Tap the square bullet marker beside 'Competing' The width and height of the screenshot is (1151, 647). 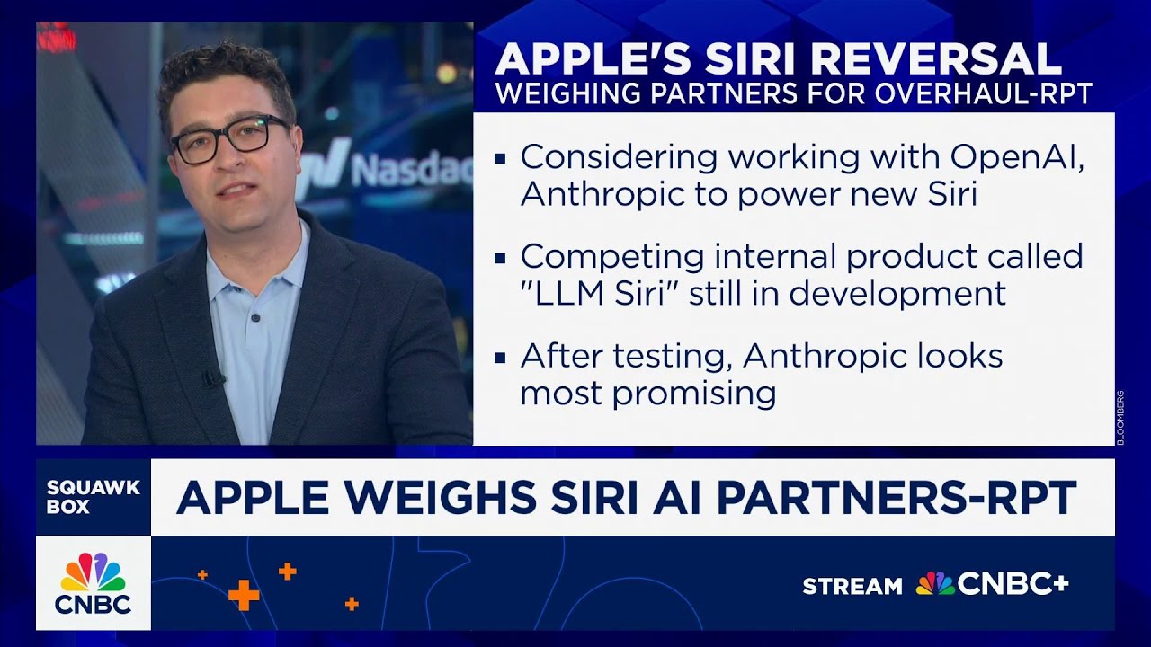pyautogui.click(x=500, y=258)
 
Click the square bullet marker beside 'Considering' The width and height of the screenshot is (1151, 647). pyautogui.click(x=500, y=159)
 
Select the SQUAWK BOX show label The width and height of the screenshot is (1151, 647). pyautogui.click(x=93, y=497)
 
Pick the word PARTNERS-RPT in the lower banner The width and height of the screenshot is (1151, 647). pyautogui.click(x=897, y=498)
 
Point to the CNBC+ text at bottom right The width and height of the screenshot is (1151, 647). pyautogui.click(x=1013, y=585)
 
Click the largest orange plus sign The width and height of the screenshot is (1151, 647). pyautogui.click(x=244, y=596)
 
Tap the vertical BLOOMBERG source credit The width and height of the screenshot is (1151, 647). pyautogui.click(x=1120, y=418)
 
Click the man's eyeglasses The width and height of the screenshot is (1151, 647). pyautogui.click(x=231, y=139)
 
